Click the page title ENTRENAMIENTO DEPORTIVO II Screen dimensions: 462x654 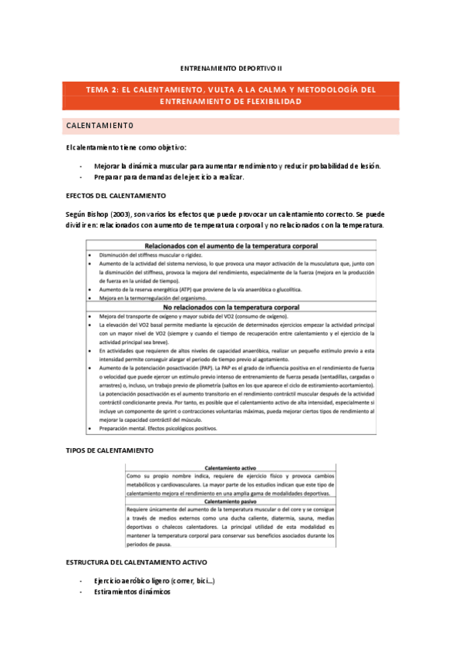tap(231, 68)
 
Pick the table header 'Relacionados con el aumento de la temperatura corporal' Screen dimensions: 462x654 tap(231, 244)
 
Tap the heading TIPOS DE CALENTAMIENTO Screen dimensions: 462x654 tap(110, 450)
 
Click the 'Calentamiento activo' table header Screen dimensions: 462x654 tap(231, 467)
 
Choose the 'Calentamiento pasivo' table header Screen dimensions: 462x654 tap(231, 501)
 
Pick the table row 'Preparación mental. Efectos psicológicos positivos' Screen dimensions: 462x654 tap(166, 429)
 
